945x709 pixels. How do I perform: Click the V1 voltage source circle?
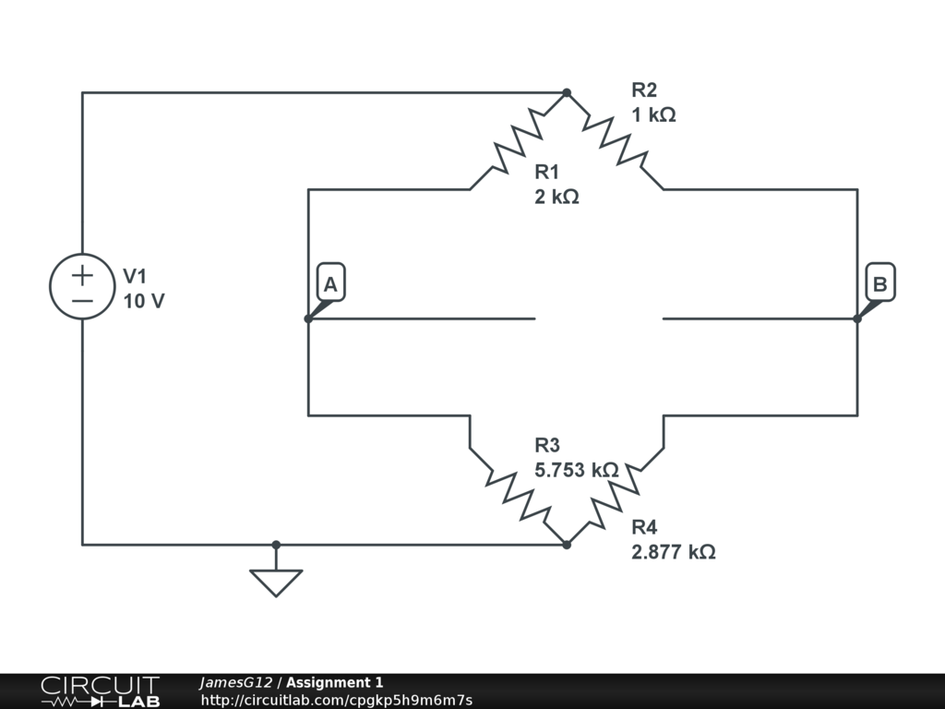point(82,287)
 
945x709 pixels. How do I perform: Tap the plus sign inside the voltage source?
point(82,274)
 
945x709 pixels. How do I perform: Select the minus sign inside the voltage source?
point(82,300)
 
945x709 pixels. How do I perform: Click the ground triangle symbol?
point(276,581)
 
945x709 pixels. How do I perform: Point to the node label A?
point(330,284)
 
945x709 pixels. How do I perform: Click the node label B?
point(879,284)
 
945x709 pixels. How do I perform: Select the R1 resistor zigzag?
point(519,141)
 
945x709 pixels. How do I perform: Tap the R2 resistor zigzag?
point(615,141)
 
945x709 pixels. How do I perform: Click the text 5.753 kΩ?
point(576,470)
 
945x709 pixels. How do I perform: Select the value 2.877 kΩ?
point(673,552)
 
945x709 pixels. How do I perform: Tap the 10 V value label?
point(144,301)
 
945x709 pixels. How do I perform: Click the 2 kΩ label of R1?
point(556,197)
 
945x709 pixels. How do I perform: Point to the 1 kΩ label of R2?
point(653,115)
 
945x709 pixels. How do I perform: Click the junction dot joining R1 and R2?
point(567,93)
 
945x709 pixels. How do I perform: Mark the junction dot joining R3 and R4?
point(567,545)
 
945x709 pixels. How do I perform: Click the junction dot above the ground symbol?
point(276,545)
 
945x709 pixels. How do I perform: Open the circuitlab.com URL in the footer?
point(336,700)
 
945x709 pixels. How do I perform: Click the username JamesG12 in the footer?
point(235,682)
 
